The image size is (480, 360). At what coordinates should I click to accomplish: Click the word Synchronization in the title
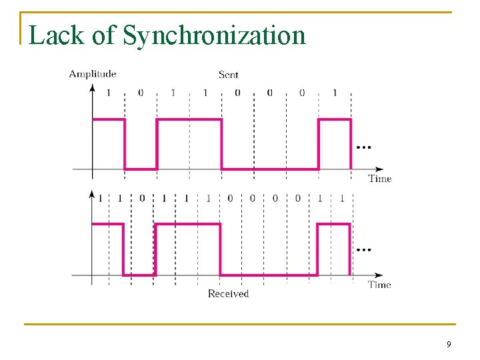214,35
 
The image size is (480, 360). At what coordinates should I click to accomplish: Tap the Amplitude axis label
93,74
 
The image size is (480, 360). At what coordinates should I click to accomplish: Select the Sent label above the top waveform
228,75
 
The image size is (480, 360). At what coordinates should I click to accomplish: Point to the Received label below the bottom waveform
228,293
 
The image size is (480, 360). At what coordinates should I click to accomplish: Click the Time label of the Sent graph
380,179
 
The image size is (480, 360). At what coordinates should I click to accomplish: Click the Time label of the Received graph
380,285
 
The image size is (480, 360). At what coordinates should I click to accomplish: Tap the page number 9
449,345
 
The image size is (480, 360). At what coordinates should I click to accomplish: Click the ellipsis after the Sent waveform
363,147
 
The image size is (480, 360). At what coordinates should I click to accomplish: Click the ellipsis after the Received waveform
363,251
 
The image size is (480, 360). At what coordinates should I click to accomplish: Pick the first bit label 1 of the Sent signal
109,93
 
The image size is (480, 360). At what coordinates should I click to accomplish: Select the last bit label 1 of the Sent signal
334,93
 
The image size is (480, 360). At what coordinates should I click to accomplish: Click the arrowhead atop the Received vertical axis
92,193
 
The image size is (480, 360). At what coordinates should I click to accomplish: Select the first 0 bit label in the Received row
141,199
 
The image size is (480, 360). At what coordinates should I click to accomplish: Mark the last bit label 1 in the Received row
342,199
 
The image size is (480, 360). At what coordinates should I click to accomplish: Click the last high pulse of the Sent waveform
335,120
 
